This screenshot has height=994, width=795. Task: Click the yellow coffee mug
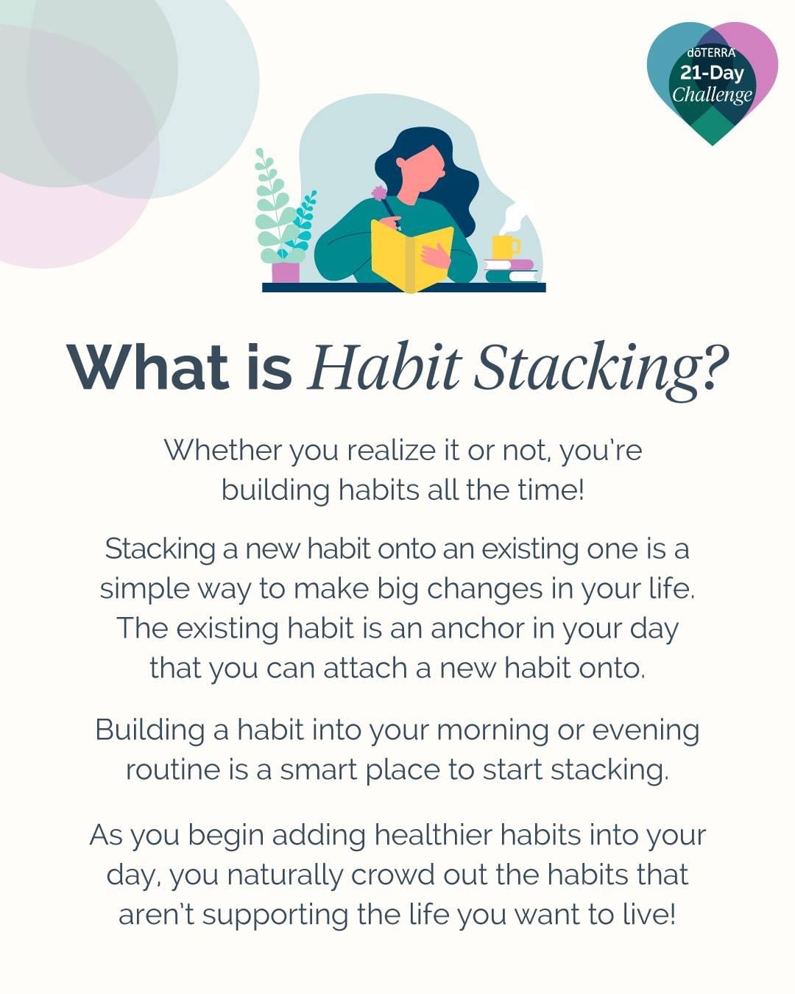coord(505,247)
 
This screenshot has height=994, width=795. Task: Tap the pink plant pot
coord(286,272)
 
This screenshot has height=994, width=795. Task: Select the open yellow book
coord(411,255)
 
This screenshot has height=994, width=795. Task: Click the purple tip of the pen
coord(379,192)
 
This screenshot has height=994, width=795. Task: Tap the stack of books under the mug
coord(511,271)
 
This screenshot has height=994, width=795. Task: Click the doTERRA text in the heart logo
coord(711,53)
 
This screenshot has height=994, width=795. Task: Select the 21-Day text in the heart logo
coord(712,73)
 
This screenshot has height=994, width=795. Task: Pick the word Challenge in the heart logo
coord(712,95)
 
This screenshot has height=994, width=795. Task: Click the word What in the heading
coord(147,367)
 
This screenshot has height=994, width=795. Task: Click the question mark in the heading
coord(714,365)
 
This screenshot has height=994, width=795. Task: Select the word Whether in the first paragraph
coord(222,450)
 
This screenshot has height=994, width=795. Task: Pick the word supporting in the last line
coord(275,915)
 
